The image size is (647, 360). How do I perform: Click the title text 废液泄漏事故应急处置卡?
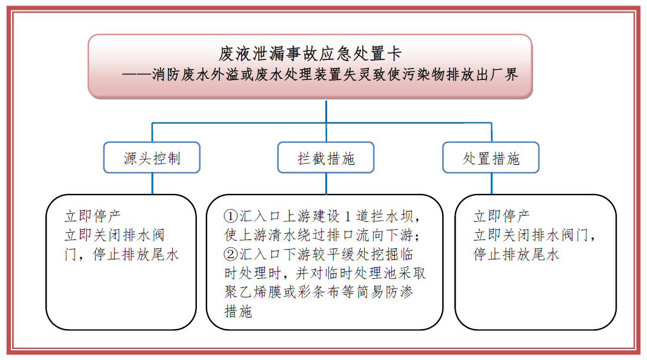point(310,54)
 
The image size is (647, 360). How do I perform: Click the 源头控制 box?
point(152,158)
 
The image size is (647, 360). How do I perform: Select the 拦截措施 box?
point(326,158)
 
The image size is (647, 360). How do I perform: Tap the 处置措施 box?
point(491,158)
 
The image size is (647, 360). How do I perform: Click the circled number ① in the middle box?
point(231,216)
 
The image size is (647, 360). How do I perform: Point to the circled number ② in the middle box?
point(231,254)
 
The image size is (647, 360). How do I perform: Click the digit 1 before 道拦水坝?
point(348,216)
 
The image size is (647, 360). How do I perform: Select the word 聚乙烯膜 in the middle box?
point(253,292)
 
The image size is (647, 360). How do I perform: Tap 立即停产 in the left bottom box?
point(93,216)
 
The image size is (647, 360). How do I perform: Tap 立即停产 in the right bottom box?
point(502,216)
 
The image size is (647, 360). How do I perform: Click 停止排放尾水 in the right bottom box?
point(516,254)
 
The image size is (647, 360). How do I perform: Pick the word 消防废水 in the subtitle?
point(181,75)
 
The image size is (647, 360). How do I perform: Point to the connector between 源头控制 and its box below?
point(152,183)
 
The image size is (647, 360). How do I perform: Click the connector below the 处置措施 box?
point(491,183)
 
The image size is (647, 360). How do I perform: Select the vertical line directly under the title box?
point(327,112)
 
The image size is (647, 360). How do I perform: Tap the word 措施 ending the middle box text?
point(238,311)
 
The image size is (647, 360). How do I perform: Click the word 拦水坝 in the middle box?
point(392,216)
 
